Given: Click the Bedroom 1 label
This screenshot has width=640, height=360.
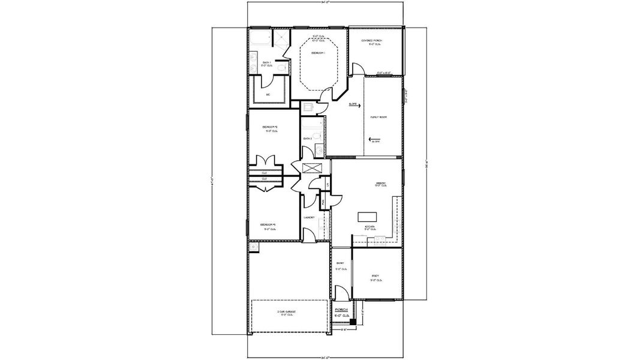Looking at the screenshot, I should tap(318, 53).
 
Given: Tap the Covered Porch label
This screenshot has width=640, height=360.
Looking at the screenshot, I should tap(371, 41).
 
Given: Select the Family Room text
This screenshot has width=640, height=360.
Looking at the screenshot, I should tap(378, 117).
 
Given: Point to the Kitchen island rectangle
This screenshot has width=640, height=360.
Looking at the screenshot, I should tap(366, 216).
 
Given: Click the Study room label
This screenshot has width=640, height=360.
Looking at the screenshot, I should tap(375, 276).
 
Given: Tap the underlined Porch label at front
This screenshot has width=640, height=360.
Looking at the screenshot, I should tap(341, 310).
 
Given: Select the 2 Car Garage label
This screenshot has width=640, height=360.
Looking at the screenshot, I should tap(287, 312).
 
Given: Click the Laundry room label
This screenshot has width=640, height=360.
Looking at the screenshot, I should tap(310, 217).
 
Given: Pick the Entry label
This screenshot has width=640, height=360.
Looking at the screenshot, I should tap(340, 263).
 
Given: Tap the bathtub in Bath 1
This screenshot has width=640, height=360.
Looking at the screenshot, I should tap(261, 40).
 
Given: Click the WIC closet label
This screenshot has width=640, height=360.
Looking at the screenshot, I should tap(268, 95).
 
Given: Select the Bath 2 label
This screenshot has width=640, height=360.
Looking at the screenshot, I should tap(307, 139).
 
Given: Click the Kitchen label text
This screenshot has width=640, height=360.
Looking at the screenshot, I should tap(370, 227).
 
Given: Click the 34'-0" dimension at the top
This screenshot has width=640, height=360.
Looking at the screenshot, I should tap(326, 2).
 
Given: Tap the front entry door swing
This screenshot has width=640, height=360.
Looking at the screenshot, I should tap(339, 293).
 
